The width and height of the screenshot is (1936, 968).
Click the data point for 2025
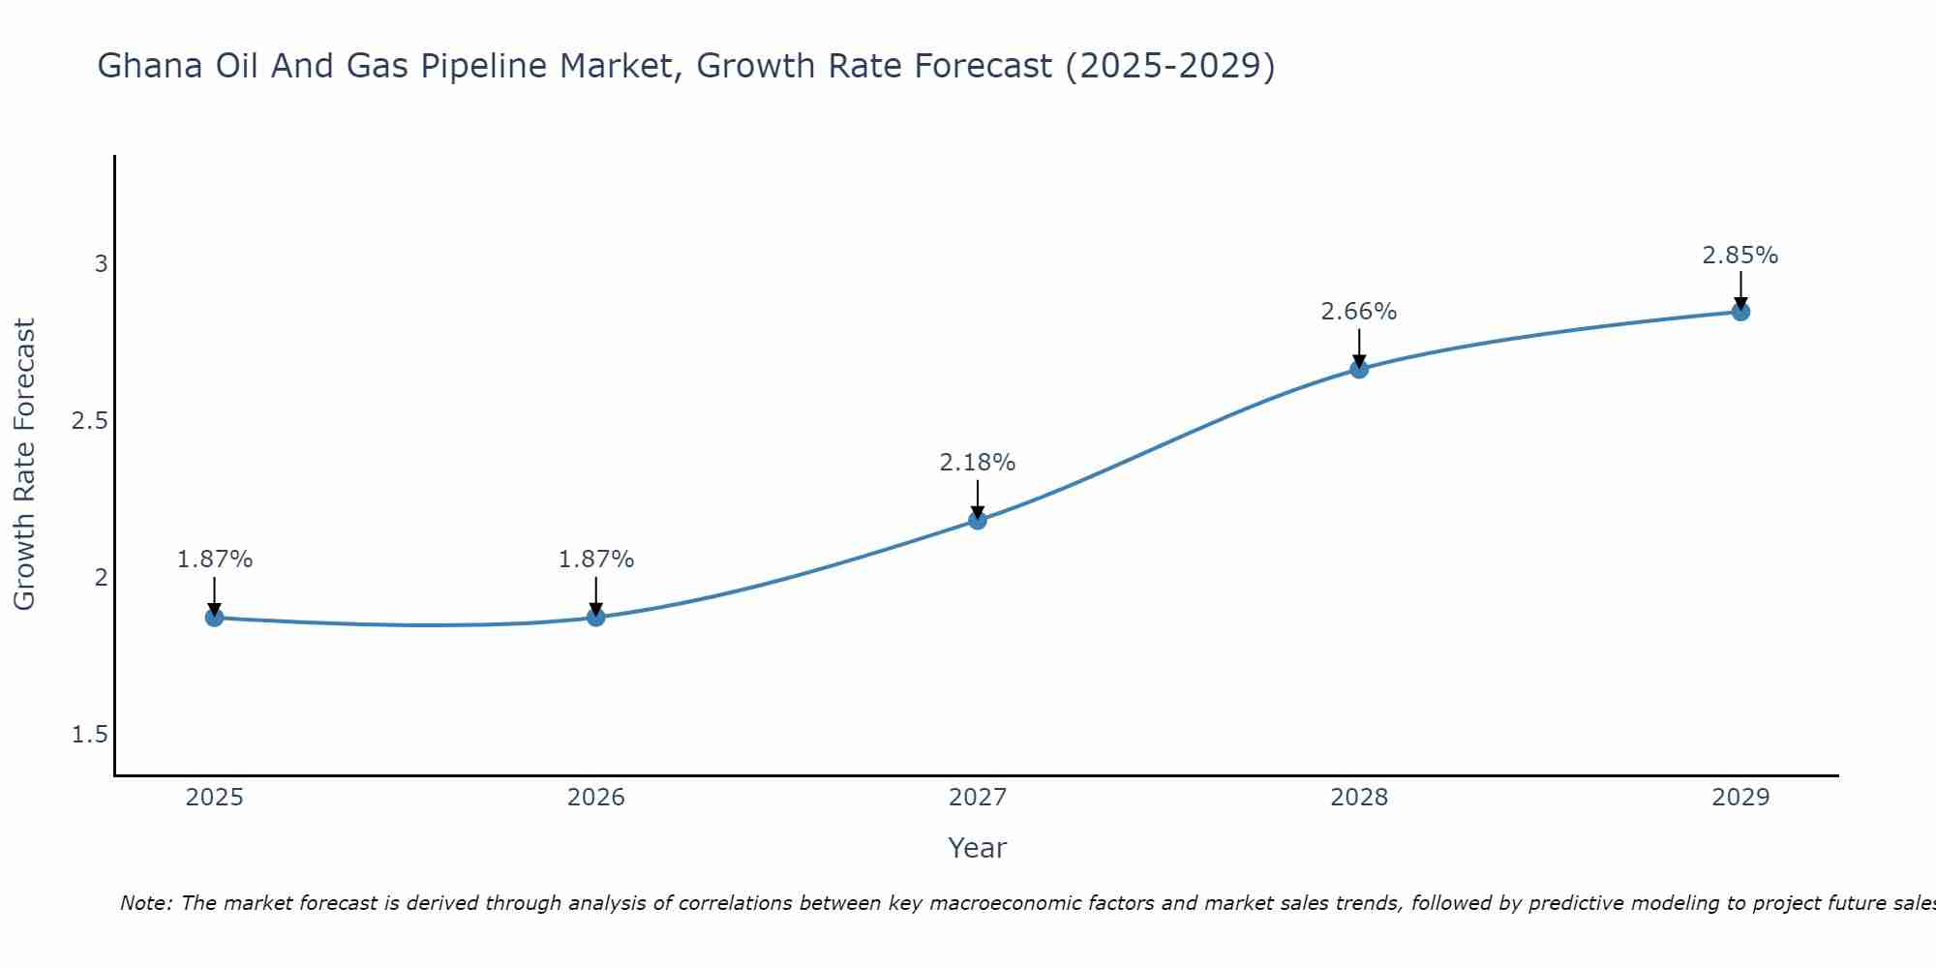pyautogui.click(x=214, y=618)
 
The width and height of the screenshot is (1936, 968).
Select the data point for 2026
pyautogui.click(x=596, y=618)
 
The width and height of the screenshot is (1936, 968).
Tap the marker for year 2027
pyautogui.click(x=978, y=521)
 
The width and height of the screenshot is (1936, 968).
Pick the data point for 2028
pyautogui.click(x=1359, y=369)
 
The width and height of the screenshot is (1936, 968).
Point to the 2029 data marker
pyautogui.click(x=1740, y=312)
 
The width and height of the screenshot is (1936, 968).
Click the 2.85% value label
pyautogui.click(x=1739, y=256)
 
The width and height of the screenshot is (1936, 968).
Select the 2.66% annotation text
pyautogui.click(x=1358, y=312)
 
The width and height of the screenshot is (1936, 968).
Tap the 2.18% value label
pyautogui.click(x=977, y=463)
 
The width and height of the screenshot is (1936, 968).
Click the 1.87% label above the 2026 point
pyautogui.click(x=595, y=560)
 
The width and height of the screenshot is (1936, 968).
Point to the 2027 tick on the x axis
pyautogui.click(x=978, y=798)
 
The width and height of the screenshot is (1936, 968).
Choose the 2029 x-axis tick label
pyautogui.click(x=1740, y=798)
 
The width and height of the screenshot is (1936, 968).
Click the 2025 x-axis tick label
pyautogui.click(x=214, y=798)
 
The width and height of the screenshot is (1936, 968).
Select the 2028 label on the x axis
pyautogui.click(x=1359, y=798)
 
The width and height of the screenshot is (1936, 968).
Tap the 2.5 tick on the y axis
pyautogui.click(x=89, y=421)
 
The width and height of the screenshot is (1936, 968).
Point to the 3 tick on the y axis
pyautogui.click(x=101, y=263)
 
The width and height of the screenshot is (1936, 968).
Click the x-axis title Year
pyautogui.click(x=977, y=848)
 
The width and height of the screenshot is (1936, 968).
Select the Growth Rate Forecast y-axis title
pyautogui.click(x=25, y=465)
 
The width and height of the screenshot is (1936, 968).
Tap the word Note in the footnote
pyautogui.click(x=145, y=903)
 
